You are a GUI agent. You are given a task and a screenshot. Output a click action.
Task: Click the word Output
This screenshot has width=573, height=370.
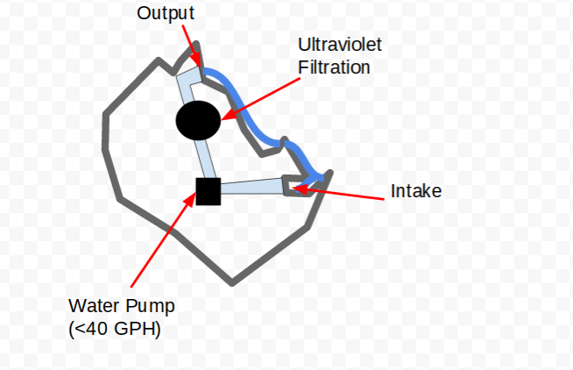pos(166,13)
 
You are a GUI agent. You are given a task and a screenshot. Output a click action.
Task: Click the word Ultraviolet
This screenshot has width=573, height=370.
pos(340,45)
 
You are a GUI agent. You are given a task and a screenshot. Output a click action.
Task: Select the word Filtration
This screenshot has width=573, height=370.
pos(334,68)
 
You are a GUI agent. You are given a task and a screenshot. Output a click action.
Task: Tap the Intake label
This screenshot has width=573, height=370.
pos(416,191)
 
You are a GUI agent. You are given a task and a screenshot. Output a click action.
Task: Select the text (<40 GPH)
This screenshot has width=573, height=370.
pos(115,329)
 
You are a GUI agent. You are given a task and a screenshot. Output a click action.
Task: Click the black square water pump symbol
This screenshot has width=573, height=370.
pos(209,192)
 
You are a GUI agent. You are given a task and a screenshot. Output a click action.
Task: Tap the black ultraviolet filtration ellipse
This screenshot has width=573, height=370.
pos(198,121)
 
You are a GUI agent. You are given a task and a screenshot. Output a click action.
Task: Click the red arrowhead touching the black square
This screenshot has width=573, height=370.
pos(191,200)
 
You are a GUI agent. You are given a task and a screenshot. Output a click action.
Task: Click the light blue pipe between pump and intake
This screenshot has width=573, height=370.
pos(252,187)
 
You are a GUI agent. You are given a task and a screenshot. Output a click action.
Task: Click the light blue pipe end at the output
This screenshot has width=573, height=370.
pos(189,75)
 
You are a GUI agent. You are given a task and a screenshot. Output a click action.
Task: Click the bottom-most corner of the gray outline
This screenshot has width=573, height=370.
pos(232,282)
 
